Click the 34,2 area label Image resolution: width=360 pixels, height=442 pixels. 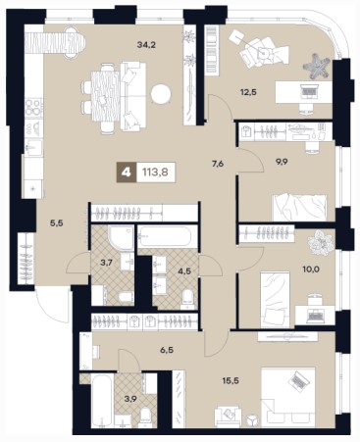point(146,45)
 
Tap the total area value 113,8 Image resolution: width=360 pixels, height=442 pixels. point(155,172)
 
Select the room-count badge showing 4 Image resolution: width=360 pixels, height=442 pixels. point(127,172)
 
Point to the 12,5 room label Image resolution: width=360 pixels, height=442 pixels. point(248,92)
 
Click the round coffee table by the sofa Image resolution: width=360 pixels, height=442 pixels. point(161,95)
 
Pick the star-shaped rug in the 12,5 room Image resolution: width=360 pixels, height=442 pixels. point(317,66)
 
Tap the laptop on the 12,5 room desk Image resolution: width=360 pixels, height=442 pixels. point(309,90)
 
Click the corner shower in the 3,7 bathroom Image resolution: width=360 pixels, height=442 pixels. point(121,238)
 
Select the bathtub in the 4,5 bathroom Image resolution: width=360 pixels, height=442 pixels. point(165,236)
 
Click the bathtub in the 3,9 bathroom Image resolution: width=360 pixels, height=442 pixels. point(102,400)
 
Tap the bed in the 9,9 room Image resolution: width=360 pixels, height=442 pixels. point(299,208)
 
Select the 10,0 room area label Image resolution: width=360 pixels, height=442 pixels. point(311,270)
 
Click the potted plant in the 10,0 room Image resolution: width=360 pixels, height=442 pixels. point(321,242)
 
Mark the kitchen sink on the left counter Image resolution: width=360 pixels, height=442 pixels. point(33,149)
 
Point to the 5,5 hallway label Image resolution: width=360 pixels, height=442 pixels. point(56,223)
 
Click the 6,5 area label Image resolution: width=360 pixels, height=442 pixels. point(167,350)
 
